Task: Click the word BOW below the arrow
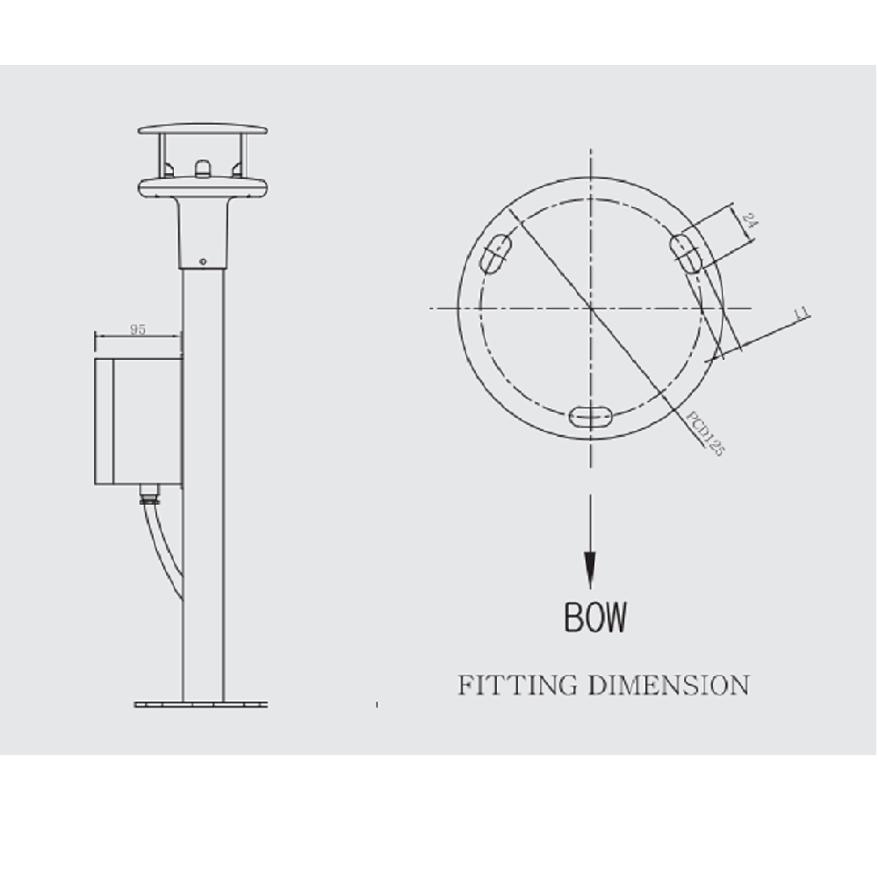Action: (595, 617)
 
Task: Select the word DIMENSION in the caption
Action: (667, 685)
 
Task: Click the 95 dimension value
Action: (138, 330)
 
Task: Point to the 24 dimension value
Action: (749, 220)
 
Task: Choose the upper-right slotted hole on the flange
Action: (687, 254)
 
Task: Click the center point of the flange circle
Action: (591, 308)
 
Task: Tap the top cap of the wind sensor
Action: (203, 130)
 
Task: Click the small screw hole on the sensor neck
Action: (203, 261)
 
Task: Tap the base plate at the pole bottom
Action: (203, 703)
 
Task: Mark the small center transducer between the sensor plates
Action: (203, 167)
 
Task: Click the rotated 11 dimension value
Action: (801, 313)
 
